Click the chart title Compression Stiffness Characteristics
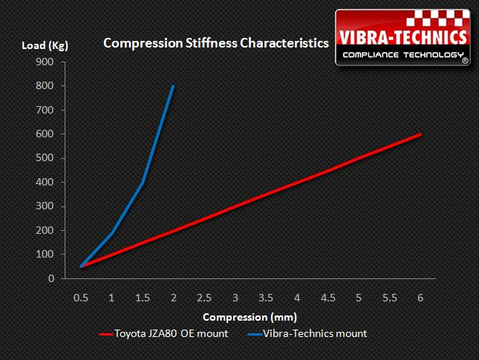[216, 43]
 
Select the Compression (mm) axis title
[251, 316]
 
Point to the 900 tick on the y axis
[44, 62]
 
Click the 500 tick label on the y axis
[44, 158]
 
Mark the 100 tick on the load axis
[44, 255]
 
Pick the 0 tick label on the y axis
[50, 278]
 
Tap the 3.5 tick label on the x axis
[265, 298]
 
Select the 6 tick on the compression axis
[420, 298]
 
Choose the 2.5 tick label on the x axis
[203, 298]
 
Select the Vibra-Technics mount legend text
[315, 334]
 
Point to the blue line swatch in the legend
[251, 335]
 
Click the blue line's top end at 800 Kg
[173, 86]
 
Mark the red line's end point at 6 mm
[421, 134]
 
